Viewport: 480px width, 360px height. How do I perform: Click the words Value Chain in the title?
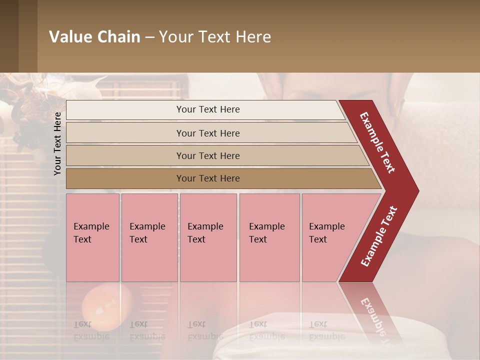click(x=94, y=37)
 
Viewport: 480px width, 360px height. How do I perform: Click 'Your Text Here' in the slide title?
click(x=215, y=37)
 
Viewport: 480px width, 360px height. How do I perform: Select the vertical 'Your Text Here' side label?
click(x=57, y=143)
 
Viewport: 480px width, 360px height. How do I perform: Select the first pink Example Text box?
click(x=92, y=237)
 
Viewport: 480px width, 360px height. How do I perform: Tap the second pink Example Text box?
click(x=149, y=237)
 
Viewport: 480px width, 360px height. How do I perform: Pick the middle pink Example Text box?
click(x=208, y=237)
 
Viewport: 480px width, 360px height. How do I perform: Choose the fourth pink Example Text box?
click(x=269, y=237)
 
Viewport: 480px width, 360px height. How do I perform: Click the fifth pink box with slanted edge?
click(x=330, y=237)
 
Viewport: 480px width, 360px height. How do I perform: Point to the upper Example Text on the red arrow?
click(x=377, y=142)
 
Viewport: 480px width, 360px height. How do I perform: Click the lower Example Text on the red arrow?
click(x=378, y=236)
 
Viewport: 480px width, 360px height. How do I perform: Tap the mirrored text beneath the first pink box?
click(x=91, y=330)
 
